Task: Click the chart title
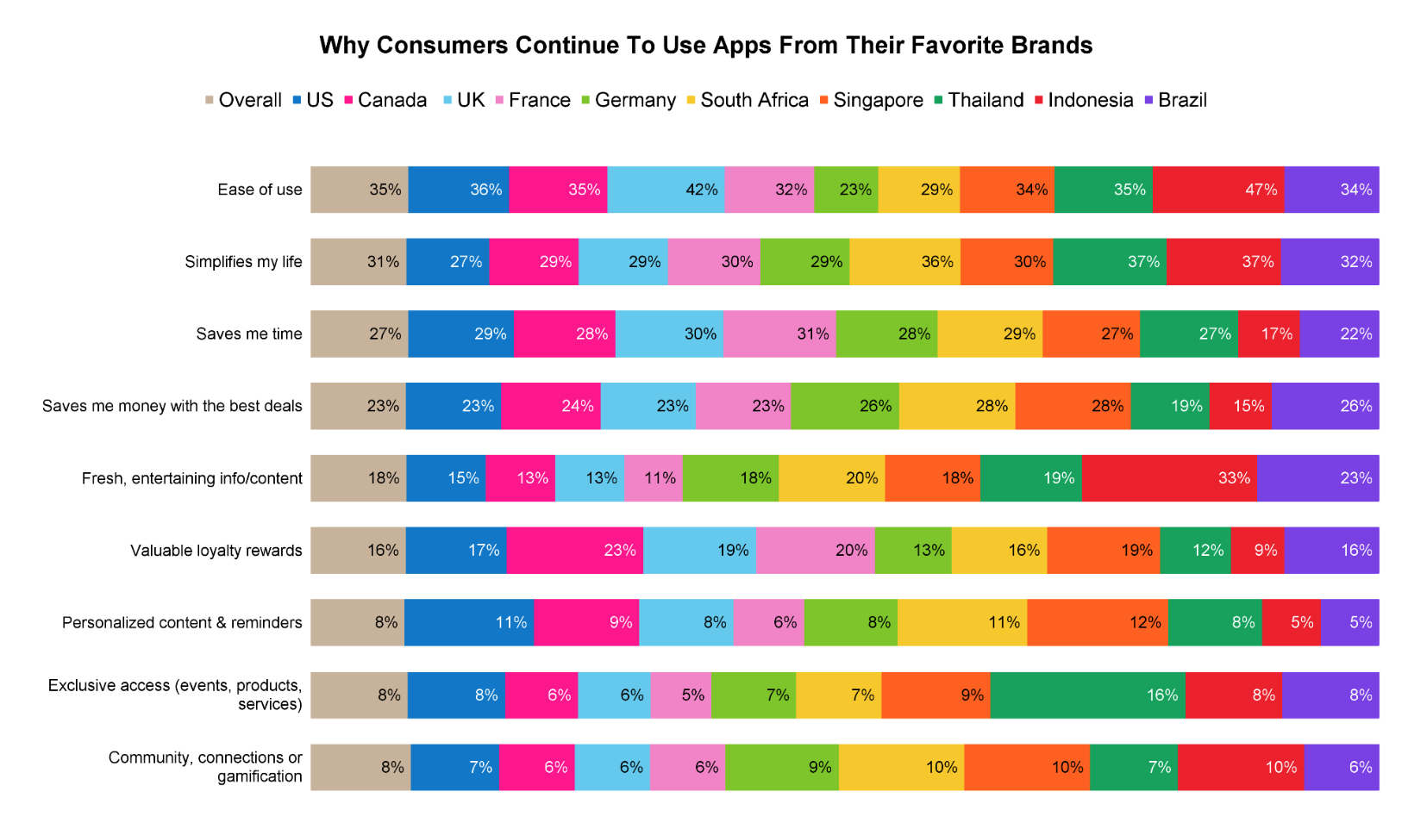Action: [705, 46]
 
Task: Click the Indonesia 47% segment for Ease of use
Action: [1217, 190]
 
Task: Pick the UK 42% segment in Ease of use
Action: [666, 190]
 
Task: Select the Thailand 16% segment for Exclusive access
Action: [1087, 695]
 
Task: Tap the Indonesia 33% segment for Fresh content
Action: [1168, 478]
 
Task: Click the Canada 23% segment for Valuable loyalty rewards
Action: [574, 551]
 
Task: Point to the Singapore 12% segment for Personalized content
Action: [1097, 622]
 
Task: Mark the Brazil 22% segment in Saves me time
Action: [1338, 334]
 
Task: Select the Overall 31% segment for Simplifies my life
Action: [358, 262]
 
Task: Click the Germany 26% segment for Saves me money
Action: [844, 406]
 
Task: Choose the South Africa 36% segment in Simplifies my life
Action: [904, 262]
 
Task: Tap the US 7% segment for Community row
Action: [454, 767]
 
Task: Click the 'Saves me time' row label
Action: [248, 334]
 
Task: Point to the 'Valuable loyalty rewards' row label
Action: [216, 551]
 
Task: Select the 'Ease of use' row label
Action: [260, 190]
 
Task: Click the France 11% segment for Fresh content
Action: [653, 478]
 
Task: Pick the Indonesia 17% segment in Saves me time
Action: [1267, 334]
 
